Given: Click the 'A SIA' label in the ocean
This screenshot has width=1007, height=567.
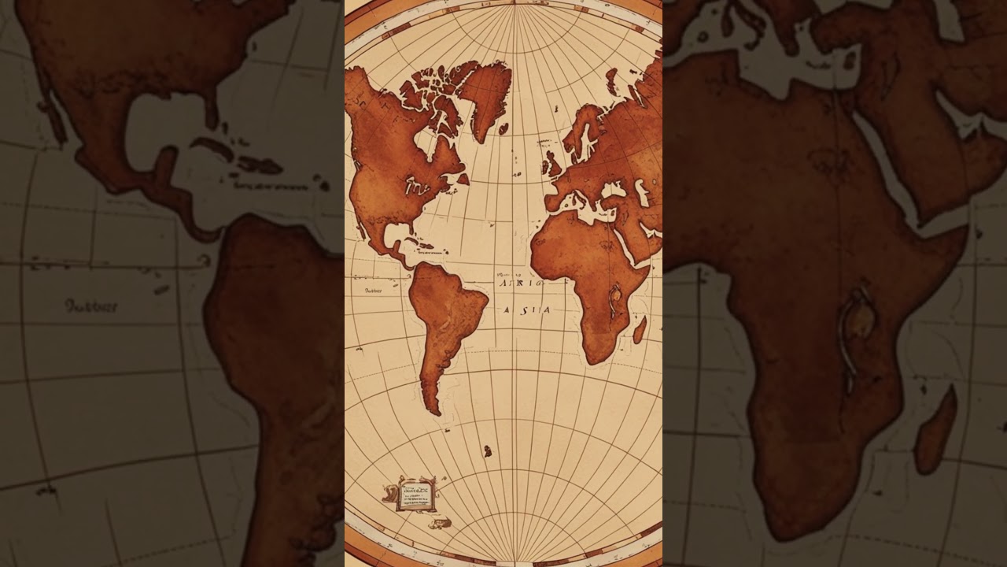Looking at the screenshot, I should (527, 310).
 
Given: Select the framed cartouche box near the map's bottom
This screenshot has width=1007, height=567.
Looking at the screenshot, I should (415, 494).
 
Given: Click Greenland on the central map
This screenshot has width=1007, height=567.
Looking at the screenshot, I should (485, 94).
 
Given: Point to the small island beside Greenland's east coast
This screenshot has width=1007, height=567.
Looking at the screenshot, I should (503, 128).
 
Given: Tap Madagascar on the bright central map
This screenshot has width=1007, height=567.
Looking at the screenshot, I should (640, 329).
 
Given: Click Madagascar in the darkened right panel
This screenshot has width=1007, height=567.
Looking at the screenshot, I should (936, 429).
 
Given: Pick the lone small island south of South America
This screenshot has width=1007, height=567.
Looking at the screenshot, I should (488, 451).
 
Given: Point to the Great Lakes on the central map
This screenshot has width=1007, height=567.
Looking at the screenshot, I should (418, 187).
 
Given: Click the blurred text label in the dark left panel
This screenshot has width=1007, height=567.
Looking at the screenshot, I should (90, 306).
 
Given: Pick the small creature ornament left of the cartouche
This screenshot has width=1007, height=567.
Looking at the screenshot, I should (389, 494).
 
